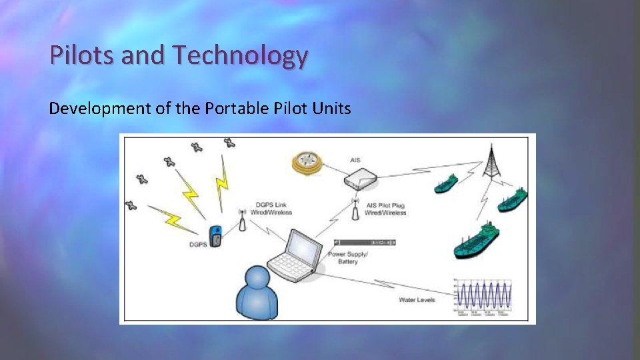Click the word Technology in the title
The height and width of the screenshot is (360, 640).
[239, 56]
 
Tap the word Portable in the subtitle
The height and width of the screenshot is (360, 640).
[240, 108]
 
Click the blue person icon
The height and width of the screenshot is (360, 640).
[257, 293]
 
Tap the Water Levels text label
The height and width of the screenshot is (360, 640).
[417, 300]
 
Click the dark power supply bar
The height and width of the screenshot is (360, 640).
[365, 242]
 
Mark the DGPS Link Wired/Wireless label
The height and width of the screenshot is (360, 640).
[273, 209]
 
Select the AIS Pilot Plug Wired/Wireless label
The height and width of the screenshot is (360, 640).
[385, 209]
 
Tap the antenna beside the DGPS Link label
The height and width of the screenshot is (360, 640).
[242, 220]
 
